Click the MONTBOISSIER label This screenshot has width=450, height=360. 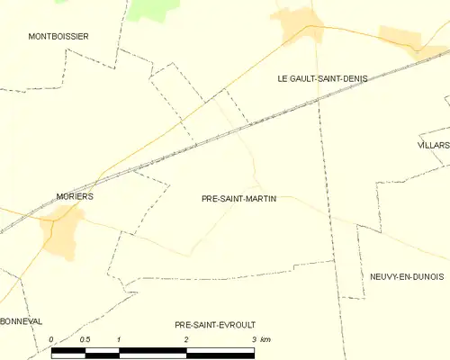[x=58, y=36]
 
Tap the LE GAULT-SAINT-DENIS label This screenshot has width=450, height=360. [x=322, y=79]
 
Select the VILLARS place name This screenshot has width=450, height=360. [x=434, y=144]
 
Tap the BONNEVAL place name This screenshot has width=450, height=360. [x=22, y=320]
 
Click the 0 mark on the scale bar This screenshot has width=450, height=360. [x=51, y=339]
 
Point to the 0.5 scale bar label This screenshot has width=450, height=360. [x=85, y=339]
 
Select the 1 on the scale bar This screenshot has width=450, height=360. [x=119, y=339]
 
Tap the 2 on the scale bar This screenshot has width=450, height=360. [x=186, y=339]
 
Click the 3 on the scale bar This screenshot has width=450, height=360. [x=255, y=339]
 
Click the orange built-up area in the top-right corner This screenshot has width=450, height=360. [x=400, y=38]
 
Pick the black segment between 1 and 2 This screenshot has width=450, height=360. [x=152, y=350]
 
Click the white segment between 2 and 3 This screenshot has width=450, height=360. [x=220, y=350]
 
